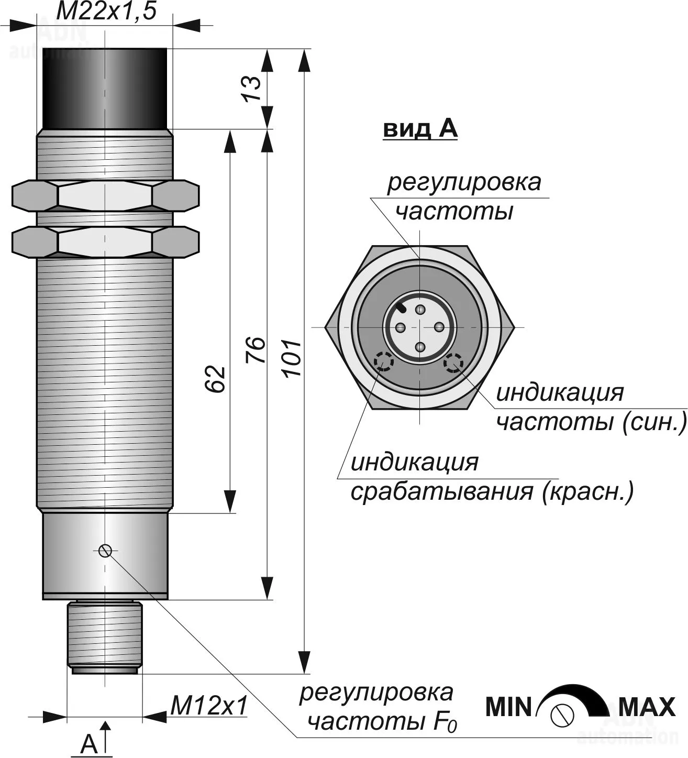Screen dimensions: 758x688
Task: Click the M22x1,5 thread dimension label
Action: pyautogui.click(x=106, y=12)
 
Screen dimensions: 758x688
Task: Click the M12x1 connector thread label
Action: pyautogui.click(x=208, y=707)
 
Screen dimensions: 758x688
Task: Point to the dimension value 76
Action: pyautogui.click(x=256, y=350)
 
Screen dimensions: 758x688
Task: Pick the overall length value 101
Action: pyautogui.click(x=291, y=358)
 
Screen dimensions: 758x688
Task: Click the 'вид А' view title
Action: pyautogui.click(x=420, y=129)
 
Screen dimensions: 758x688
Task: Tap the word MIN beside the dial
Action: pyautogui.click(x=508, y=707)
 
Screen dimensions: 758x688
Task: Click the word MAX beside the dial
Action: pyautogui.click(x=647, y=707)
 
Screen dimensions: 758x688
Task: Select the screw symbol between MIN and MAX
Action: pyautogui.click(x=562, y=713)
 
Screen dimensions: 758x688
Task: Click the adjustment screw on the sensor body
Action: pyautogui.click(x=105, y=550)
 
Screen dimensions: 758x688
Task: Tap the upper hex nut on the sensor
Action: pyautogui.click(x=105, y=195)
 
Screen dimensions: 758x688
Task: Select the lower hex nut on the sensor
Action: pyautogui.click(x=105, y=241)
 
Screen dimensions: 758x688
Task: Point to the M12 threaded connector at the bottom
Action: pyautogui.click(x=105, y=636)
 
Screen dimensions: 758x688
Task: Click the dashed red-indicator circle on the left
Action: pyautogui.click(x=384, y=362)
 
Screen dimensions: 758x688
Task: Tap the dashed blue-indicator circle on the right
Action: pyautogui.click(x=453, y=362)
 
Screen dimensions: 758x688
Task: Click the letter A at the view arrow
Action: pyautogui.click(x=90, y=743)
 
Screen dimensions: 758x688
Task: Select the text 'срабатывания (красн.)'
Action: pyautogui.click(x=492, y=492)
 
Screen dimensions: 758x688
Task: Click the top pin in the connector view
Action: pyautogui.click(x=419, y=310)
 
